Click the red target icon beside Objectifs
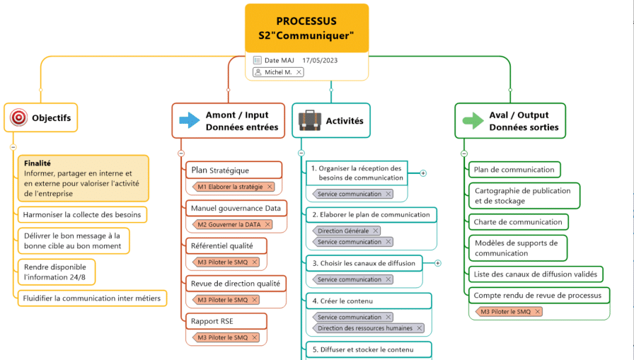point(18,117)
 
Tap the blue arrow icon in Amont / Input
point(190,120)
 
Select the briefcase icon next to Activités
point(309,120)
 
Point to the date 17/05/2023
point(320,61)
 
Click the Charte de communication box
point(518,222)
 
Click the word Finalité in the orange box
point(38,163)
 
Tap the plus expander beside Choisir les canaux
point(438,263)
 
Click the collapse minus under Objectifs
point(13,147)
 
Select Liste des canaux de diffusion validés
point(536,274)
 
